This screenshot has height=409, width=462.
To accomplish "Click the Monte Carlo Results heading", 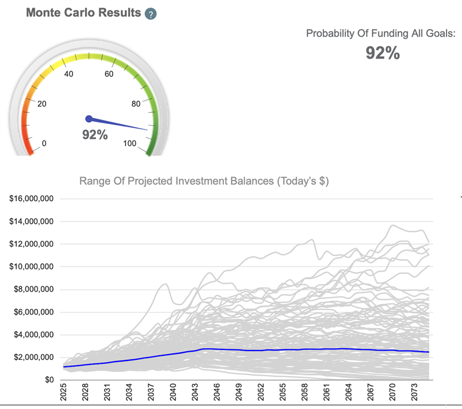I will (x=83, y=13).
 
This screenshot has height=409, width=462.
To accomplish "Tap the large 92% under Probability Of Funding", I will (x=382, y=53).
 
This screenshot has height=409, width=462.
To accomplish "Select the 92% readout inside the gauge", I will (x=95, y=135).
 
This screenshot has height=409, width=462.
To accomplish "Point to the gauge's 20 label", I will (x=41, y=104).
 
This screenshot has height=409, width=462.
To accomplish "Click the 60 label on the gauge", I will (x=109, y=74).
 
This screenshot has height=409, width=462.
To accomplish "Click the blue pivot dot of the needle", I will (x=89, y=119).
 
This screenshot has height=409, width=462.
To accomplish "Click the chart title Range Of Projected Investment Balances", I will (x=203, y=181).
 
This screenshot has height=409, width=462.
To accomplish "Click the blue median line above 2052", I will (x=261, y=351).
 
